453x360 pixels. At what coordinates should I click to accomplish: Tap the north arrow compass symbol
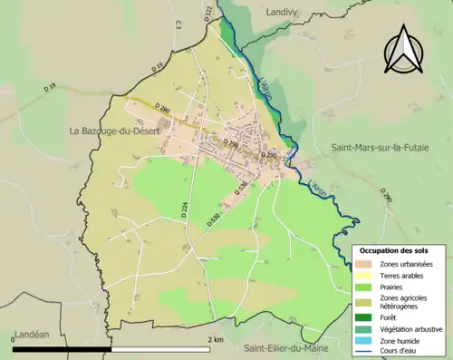(405, 50)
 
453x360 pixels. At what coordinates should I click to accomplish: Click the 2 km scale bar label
(217, 339)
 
